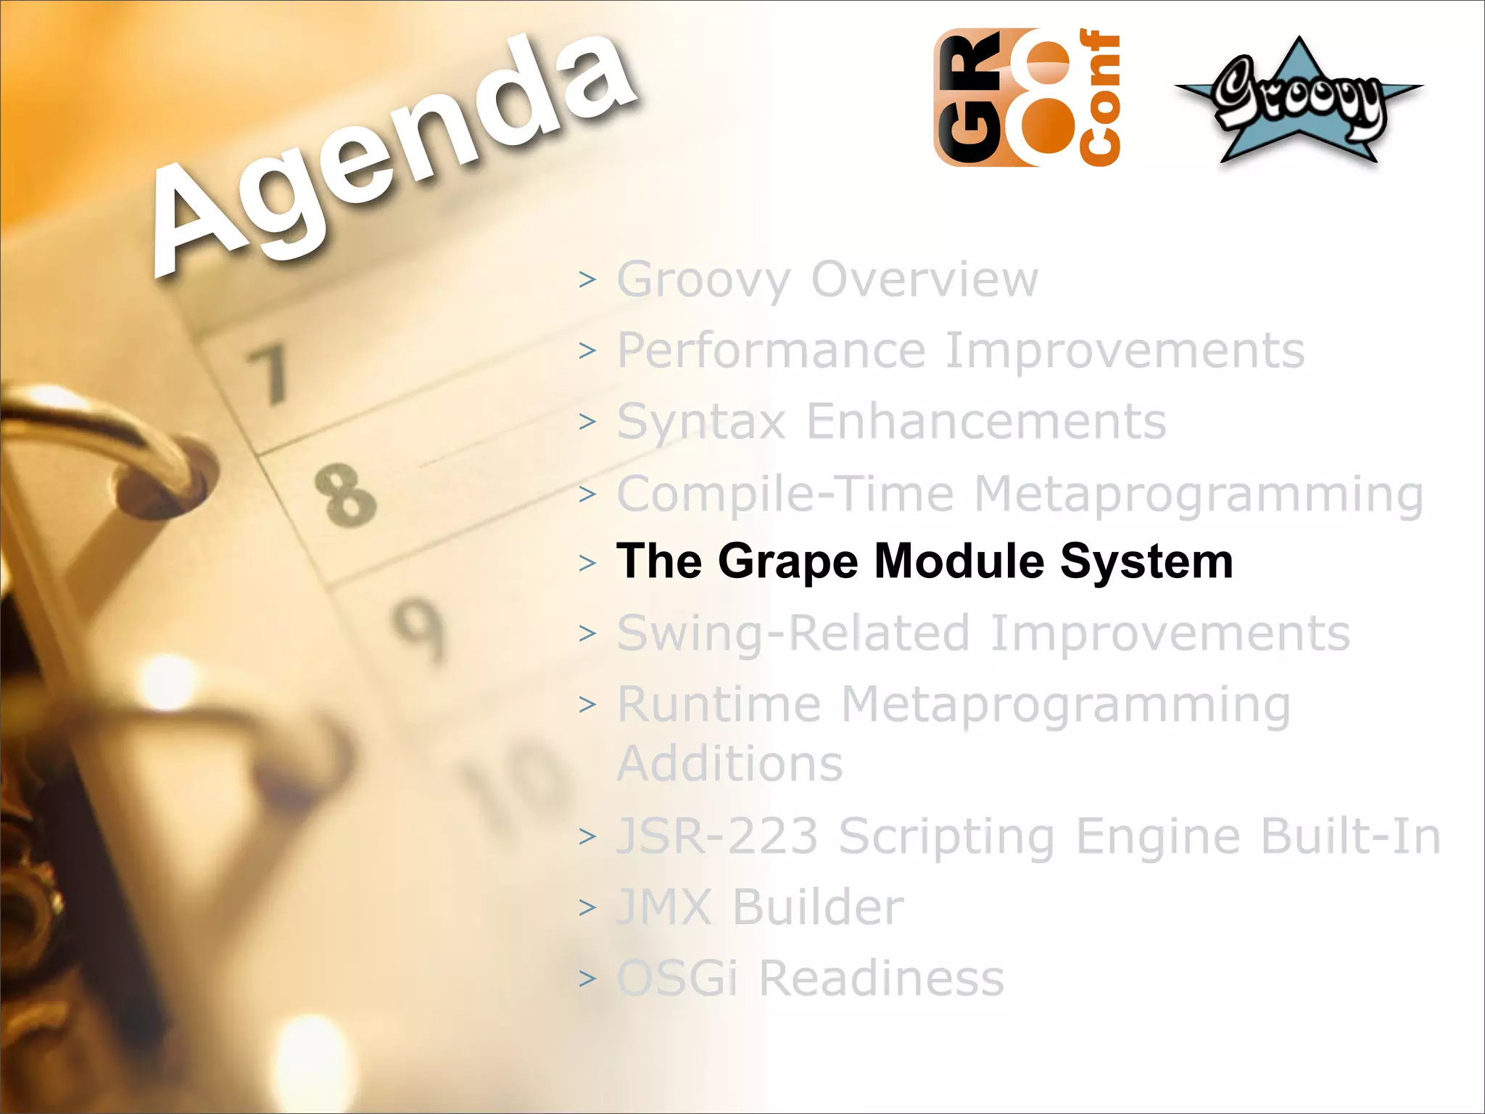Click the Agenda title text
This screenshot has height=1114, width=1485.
[395, 152]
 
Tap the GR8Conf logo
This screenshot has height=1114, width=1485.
[1026, 98]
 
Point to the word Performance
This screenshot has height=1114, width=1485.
[772, 351]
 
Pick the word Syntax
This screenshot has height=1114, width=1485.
[701, 422]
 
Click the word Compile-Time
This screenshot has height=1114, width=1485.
[785, 494]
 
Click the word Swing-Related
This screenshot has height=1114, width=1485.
[793, 633]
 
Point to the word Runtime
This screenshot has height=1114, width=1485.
[719, 704]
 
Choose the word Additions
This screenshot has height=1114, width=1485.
[729, 764]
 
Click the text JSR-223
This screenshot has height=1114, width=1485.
[717, 836]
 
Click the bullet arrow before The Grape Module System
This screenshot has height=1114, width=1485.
[587, 563]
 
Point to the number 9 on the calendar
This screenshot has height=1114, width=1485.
[419, 628]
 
